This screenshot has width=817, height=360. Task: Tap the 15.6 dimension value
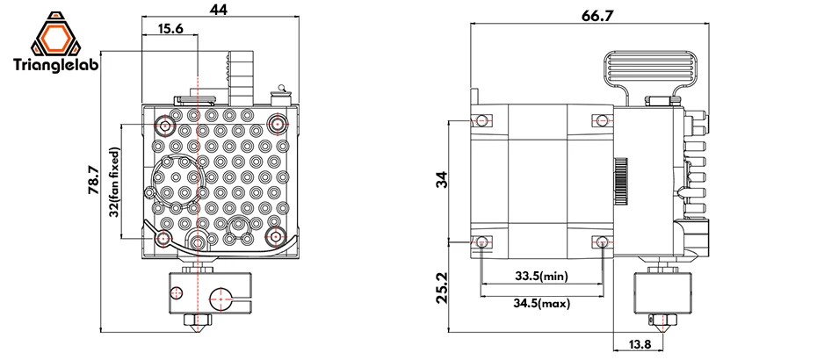[170, 29]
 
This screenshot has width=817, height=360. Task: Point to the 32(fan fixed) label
[115, 183]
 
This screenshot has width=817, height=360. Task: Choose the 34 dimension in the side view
[441, 180]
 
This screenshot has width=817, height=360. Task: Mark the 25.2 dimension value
[442, 287]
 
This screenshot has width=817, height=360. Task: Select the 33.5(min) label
[542, 276]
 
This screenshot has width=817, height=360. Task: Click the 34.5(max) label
[542, 303]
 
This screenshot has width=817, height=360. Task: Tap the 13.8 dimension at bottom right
[640, 344]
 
